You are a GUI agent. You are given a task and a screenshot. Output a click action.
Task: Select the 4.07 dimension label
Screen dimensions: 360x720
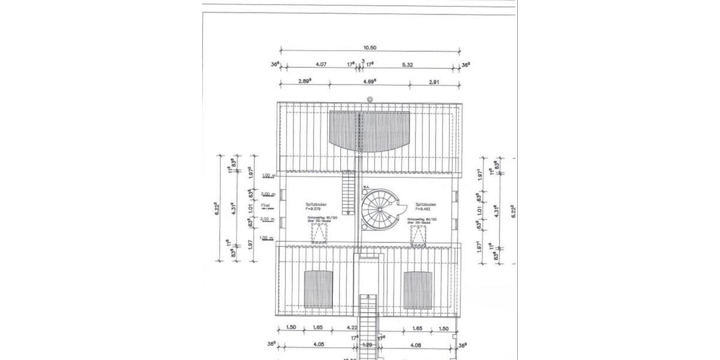320,63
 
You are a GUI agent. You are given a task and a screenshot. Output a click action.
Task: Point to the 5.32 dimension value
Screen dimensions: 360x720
415,63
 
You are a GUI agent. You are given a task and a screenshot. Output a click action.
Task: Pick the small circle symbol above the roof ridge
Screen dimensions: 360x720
370,99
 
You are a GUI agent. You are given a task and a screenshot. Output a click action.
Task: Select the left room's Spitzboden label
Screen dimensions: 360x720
316,204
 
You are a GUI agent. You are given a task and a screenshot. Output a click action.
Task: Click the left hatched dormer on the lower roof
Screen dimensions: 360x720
318,289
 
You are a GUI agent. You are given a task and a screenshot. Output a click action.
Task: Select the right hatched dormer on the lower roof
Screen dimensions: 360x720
418,289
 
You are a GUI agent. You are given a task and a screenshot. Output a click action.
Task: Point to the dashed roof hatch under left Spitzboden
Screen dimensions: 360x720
318,235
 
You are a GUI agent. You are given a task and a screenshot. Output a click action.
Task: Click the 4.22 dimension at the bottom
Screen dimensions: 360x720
353,328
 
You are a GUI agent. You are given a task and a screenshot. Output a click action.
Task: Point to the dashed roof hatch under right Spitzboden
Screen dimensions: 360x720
418,236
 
